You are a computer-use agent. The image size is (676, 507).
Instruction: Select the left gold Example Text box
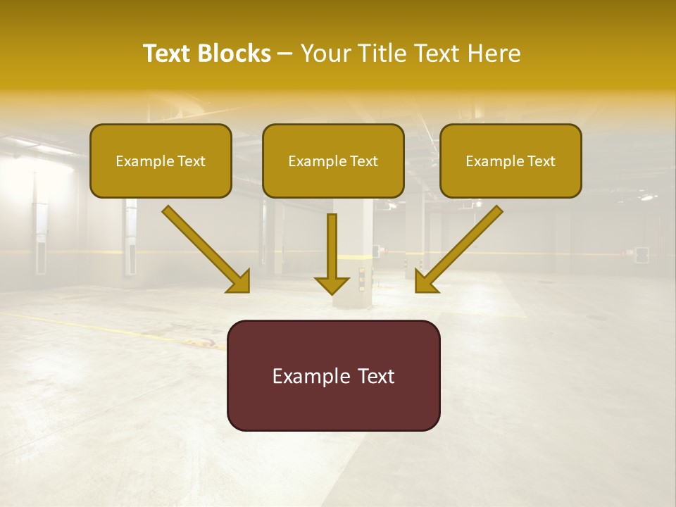click(161, 161)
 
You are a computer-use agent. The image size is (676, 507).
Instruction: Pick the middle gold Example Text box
click(333, 161)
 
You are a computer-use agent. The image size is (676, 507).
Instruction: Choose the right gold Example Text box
click(511, 161)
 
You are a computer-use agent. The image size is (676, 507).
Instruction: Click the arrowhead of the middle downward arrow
click(332, 284)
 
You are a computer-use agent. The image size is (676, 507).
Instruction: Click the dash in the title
click(285, 54)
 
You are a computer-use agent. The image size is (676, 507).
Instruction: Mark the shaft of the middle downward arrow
click(332, 243)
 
